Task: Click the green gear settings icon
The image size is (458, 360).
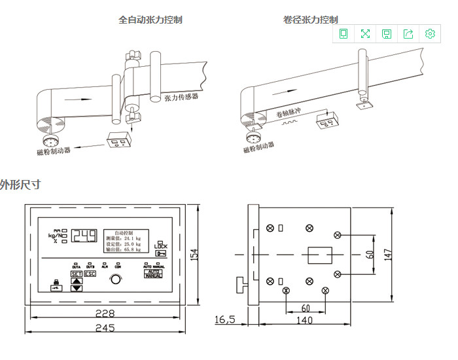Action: [430, 34]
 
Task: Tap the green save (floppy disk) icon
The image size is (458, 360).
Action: [387, 34]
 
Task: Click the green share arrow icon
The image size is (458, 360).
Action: [408, 34]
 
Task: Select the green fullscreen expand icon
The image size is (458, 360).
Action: [365, 34]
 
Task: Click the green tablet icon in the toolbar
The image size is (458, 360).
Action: [343, 34]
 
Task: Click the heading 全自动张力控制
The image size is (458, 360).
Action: [150, 20]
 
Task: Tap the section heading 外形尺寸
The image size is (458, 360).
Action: [20, 185]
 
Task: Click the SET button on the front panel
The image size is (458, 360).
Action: [77, 274]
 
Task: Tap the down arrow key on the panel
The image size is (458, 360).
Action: [77, 287]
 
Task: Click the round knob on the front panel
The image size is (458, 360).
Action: [116, 279]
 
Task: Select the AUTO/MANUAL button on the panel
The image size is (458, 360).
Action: [153, 274]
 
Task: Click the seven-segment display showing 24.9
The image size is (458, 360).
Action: [84, 236]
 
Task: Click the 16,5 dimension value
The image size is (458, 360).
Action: [224, 319]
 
